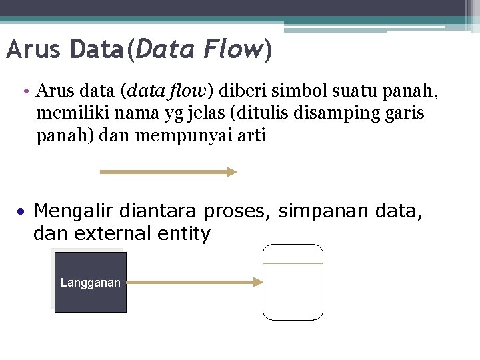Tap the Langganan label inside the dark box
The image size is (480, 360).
point(90,283)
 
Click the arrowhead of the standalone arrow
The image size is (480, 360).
point(231,171)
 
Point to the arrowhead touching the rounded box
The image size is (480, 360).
point(257,283)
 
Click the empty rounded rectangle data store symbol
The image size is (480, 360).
point(293,282)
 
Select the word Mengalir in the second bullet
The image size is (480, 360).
point(73,211)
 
